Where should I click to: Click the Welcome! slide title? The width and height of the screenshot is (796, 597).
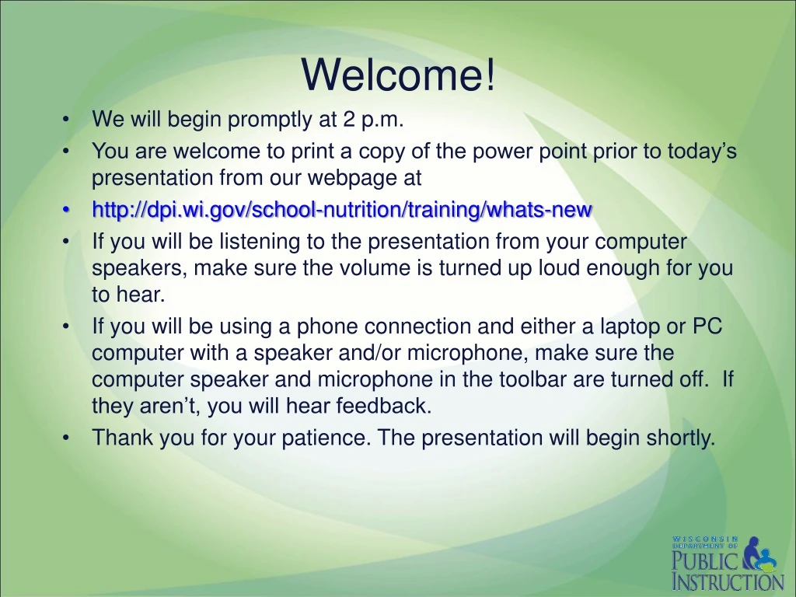point(398,75)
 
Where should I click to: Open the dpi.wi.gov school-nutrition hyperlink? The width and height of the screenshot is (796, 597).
point(342,209)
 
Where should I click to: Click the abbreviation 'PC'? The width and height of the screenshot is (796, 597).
point(707,326)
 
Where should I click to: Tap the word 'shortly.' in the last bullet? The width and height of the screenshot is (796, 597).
point(681,438)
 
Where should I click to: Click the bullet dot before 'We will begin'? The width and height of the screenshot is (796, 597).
point(65,120)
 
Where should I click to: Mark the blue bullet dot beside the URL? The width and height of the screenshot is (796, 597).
point(65,210)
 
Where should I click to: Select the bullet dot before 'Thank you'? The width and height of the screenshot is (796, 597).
point(65,438)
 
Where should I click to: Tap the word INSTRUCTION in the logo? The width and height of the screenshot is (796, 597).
point(728,581)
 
